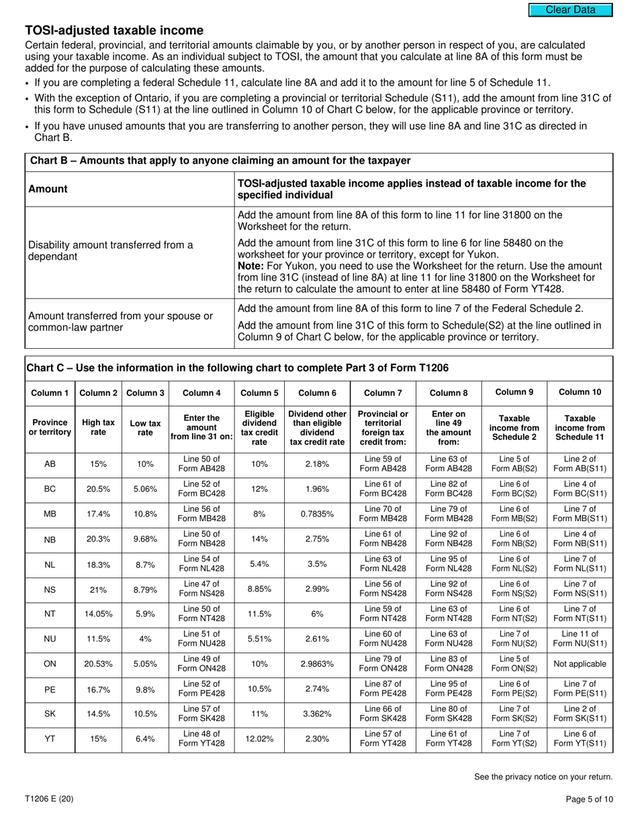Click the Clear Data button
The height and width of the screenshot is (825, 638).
[x=570, y=10]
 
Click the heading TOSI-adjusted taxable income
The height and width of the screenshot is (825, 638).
[x=114, y=30]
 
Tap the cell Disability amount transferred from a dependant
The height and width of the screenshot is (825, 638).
[x=111, y=251]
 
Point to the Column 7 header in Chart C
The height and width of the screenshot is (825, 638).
[x=382, y=392]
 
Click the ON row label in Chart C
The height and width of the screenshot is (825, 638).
[x=50, y=664]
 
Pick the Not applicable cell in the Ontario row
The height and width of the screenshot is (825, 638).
[x=580, y=664]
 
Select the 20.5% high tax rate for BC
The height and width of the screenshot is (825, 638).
[x=98, y=489]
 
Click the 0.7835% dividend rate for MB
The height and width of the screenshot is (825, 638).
[x=317, y=514]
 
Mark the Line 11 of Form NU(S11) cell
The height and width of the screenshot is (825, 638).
[x=580, y=639]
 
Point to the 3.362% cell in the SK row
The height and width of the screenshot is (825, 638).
[x=317, y=714]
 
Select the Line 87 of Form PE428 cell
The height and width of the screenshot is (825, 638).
[x=382, y=689]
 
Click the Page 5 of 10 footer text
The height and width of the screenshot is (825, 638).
[x=589, y=799]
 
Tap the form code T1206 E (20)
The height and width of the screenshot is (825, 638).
[x=50, y=799]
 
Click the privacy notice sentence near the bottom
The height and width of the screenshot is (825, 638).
[x=543, y=777]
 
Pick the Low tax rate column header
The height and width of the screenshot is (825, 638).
[x=145, y=428]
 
